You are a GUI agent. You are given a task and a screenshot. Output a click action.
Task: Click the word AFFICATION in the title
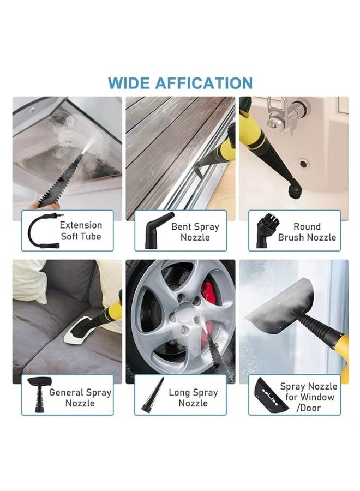(203, 83)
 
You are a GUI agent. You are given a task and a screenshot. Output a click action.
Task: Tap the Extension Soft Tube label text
(81, 231)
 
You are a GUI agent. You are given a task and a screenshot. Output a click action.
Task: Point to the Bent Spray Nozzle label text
(195, 232)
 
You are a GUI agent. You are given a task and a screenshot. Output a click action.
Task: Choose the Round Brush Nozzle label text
(307, 232)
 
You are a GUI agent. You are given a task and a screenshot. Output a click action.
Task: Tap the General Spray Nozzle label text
(80, 398)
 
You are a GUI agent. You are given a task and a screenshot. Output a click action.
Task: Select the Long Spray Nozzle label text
(194, 398)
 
